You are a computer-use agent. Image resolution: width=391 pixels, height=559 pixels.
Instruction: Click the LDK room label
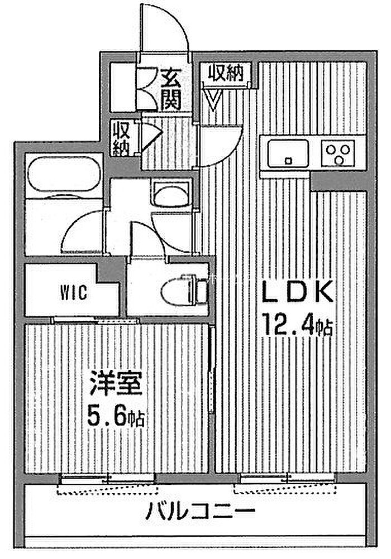point(297,292)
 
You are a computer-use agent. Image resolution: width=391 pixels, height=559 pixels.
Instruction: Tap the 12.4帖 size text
point(297,324)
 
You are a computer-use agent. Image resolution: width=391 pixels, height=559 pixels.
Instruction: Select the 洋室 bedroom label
point(116,383)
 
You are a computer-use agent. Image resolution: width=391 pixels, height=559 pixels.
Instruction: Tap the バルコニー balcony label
point(200,512)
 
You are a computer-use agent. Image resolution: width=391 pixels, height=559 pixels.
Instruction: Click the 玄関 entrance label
point(170,89)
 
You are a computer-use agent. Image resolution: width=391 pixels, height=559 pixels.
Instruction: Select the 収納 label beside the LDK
point(226,74)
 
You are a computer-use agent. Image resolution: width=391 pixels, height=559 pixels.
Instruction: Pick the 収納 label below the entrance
point(121,138)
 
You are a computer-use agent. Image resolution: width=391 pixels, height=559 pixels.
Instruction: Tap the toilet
point(184,291)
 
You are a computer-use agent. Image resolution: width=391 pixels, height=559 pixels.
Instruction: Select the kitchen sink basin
point(288,153)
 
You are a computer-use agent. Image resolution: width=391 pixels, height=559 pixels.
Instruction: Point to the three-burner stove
point(338,153)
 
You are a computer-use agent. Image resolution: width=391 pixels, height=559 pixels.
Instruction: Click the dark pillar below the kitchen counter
point(338,182)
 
